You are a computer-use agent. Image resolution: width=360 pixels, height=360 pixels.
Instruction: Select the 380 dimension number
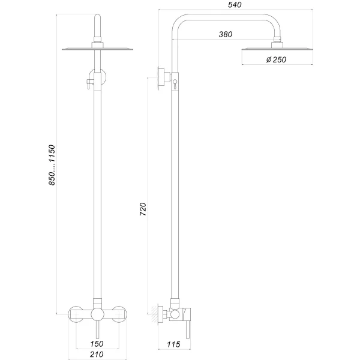pos(226,34)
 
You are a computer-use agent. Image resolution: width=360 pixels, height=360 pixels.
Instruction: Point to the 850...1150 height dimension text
pos(52,164)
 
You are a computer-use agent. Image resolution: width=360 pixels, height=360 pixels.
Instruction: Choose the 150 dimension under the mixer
pos(97,344)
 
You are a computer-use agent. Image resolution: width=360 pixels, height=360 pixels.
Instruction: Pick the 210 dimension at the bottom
pos(97,355)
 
